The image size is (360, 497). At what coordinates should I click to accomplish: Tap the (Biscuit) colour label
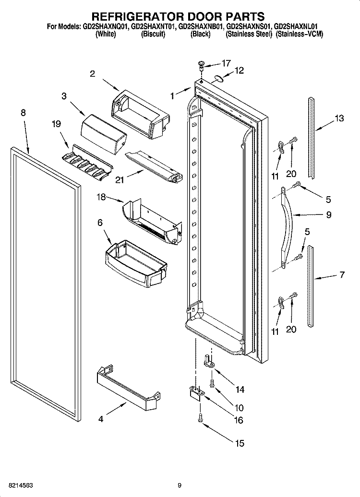[x=153, y=34]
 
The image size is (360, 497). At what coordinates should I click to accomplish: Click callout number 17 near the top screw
[x=226, y=63]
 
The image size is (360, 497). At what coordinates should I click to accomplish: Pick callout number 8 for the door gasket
[x=23, y=113]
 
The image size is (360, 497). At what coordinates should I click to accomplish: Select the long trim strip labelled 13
[x=312, y=138]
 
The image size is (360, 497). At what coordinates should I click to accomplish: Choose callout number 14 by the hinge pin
[x=240, y=390]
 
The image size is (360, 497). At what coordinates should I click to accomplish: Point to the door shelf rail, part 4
[x=127, y=387]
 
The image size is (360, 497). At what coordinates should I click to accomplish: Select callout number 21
[x=120, y=180]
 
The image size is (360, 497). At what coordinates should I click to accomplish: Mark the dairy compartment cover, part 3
[x=104, y=134]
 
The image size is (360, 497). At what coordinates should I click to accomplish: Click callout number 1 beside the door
[x=172, y=95]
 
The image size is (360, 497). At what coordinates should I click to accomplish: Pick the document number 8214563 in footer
[x=21, y=485]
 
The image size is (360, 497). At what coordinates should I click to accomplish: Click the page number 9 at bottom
[x=180, y=485]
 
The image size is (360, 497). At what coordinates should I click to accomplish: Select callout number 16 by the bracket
[x=238, y=420]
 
